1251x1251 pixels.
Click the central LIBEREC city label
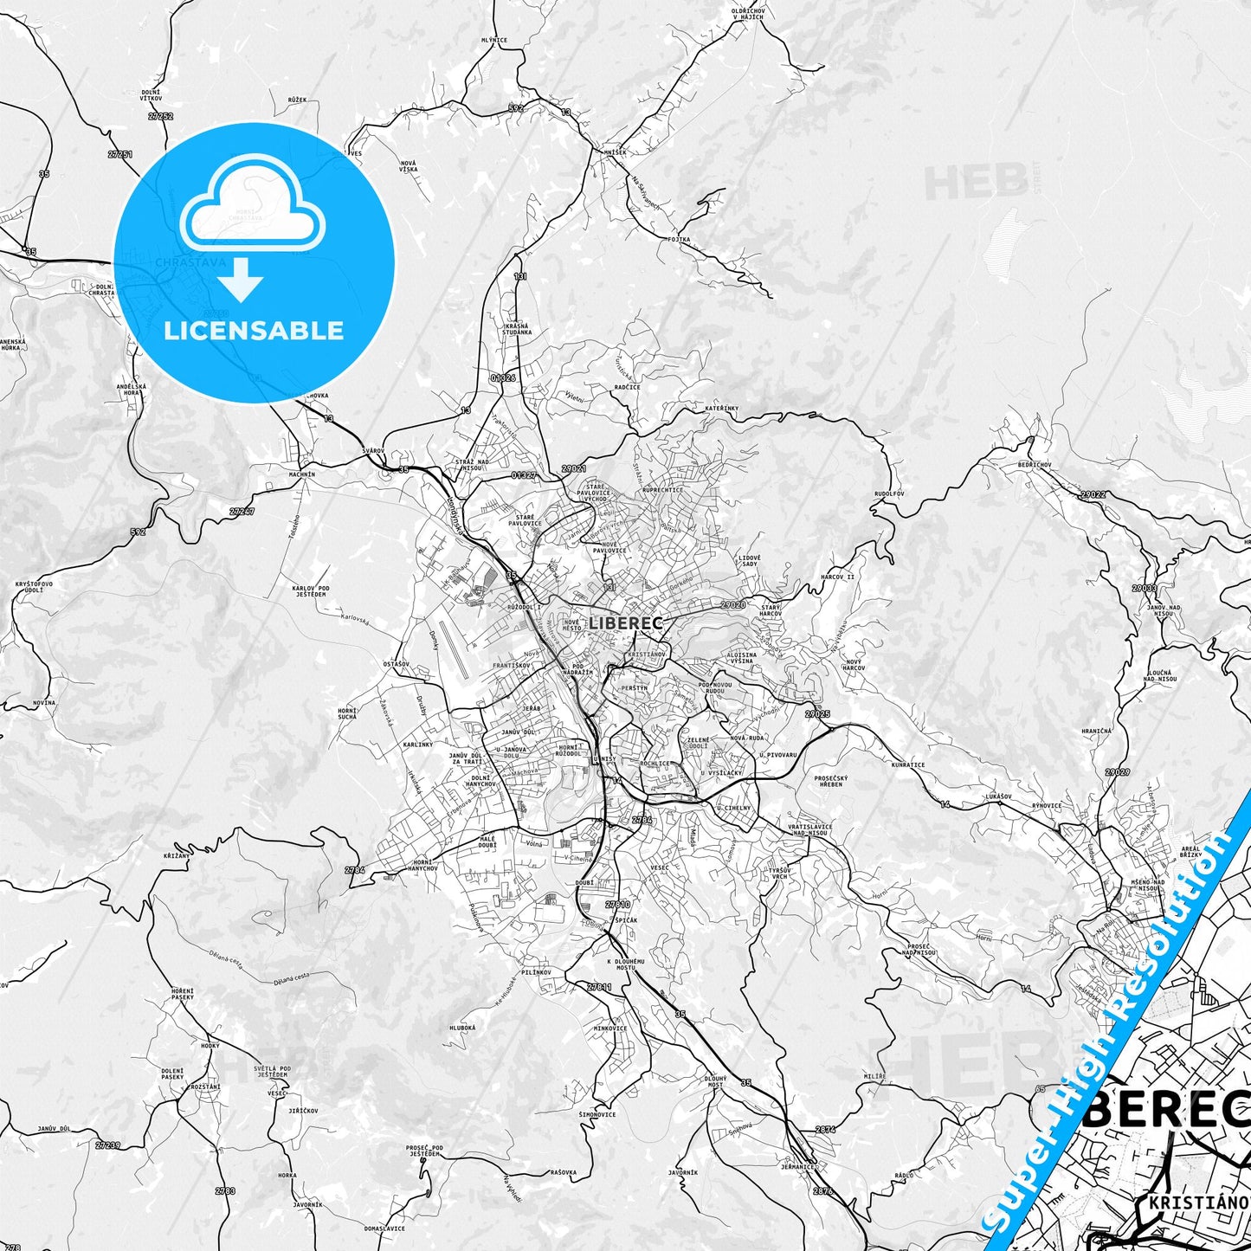[x=626, y=622]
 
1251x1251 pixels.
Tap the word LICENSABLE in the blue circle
[x=254, y=331]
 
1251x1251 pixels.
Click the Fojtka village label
[x=679, y=239]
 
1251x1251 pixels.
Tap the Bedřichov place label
[x=1035, y=465]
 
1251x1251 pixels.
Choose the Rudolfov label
[x=889, y=494]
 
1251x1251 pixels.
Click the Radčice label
[x=627, y=387]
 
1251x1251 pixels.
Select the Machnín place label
[x=302, y=474]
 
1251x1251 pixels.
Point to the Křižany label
[x=176, y=855]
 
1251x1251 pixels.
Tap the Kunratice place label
[x=908, y=764]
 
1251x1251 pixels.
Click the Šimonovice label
[x=597, y=1114]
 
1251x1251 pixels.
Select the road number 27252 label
[x=160, y=116]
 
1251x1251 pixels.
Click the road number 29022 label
[x=1093, y=494]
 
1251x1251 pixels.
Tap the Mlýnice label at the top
[x=494, y=40]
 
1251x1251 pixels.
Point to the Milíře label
[x=875, y=1076]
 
